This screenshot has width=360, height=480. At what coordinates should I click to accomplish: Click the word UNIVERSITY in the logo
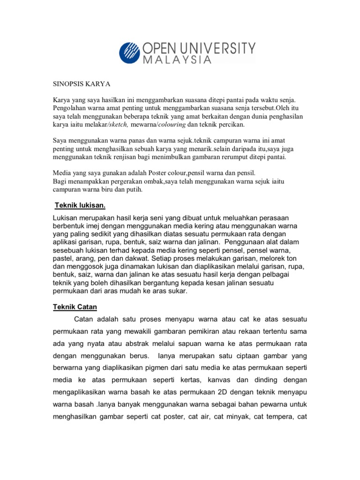(x=221, y=48)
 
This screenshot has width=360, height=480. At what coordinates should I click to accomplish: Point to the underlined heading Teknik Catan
(x=75, y=307)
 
